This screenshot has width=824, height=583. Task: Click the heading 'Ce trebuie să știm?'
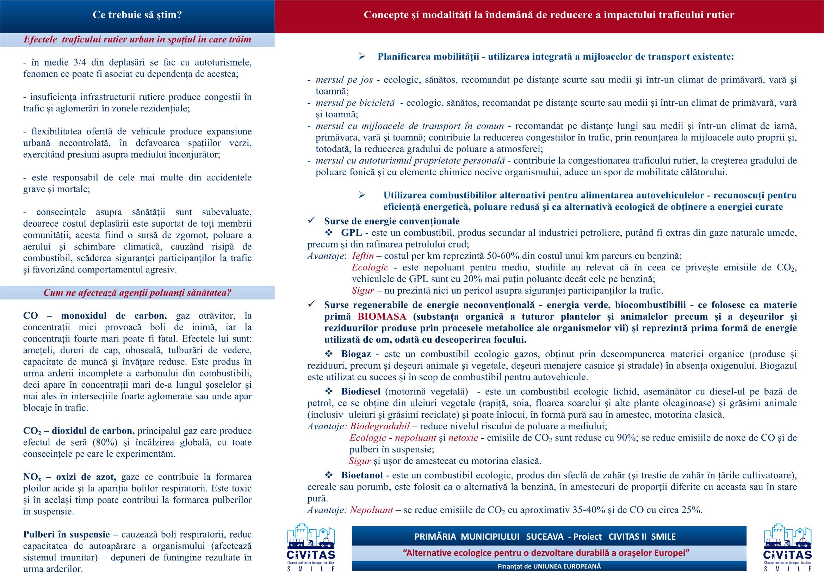[137, 15]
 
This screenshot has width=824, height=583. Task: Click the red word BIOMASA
[382, 317]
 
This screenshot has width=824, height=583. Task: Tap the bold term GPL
[351, 233]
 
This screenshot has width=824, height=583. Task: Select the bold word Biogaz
[356, 354]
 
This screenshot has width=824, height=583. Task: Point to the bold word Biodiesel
[361, 391]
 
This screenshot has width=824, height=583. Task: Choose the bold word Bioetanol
[362, 475]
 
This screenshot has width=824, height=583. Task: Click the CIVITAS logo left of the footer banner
[311, 547]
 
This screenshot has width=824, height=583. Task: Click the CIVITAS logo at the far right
[788, 547]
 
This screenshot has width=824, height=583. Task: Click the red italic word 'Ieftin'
[363, 256]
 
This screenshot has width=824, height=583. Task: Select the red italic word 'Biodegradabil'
[380, 426]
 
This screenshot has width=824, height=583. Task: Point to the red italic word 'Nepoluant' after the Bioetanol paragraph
[371, 510]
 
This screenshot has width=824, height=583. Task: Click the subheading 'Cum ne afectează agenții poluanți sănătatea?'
[137, 293]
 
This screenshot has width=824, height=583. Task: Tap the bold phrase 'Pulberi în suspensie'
[66, 535]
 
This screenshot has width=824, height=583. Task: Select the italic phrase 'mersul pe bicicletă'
[355, 103]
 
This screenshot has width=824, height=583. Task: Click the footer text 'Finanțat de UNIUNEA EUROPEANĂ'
[549, 566]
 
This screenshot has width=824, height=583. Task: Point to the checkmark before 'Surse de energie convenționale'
[311, 220]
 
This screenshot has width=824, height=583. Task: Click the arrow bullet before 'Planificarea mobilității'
[362, 56]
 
